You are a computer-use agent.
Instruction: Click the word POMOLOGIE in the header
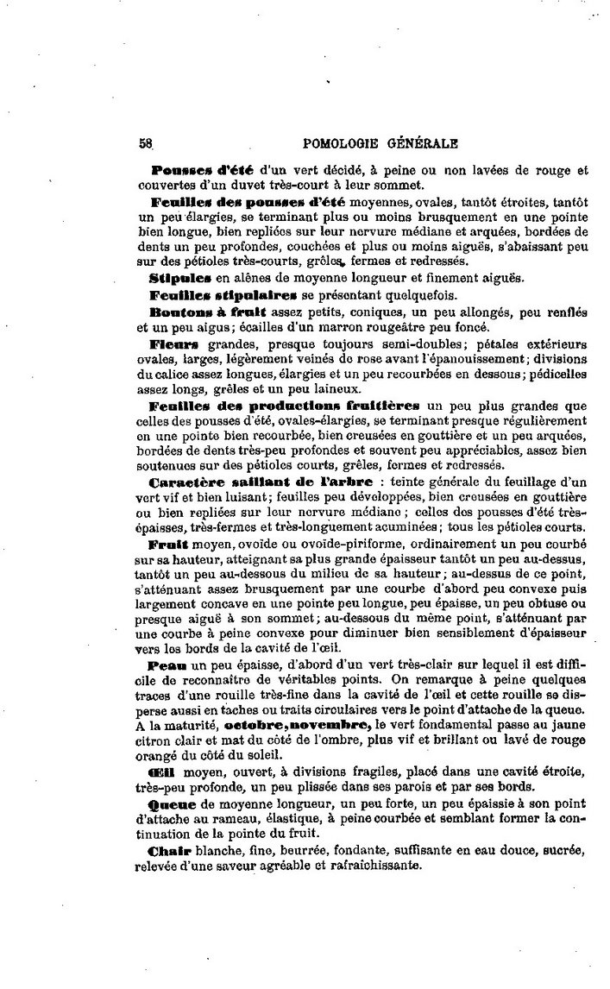[343, 144]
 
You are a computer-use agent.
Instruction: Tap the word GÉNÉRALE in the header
[423, 144]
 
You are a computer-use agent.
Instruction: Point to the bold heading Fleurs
[172, 343]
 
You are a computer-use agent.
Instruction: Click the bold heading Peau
[167, 667]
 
